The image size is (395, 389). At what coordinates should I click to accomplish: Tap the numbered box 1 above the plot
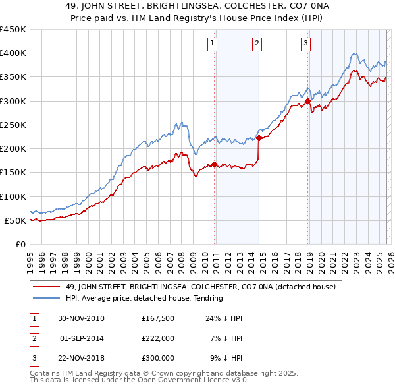214,44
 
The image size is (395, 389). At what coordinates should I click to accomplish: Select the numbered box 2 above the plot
257,44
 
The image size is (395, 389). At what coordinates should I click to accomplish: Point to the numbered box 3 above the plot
306,44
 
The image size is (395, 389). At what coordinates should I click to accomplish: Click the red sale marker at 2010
215,165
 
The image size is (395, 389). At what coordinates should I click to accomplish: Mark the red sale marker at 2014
259,138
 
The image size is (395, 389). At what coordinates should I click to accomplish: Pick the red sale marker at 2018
307,102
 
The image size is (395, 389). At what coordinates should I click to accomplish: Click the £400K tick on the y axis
13,53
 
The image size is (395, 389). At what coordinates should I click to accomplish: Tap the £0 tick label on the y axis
20,244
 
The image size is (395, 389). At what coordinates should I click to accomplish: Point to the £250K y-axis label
13,125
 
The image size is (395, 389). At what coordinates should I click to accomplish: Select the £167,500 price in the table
157,318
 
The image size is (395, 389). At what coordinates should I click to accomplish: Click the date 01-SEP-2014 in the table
82,338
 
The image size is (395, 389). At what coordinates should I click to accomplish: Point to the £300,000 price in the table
157,358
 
